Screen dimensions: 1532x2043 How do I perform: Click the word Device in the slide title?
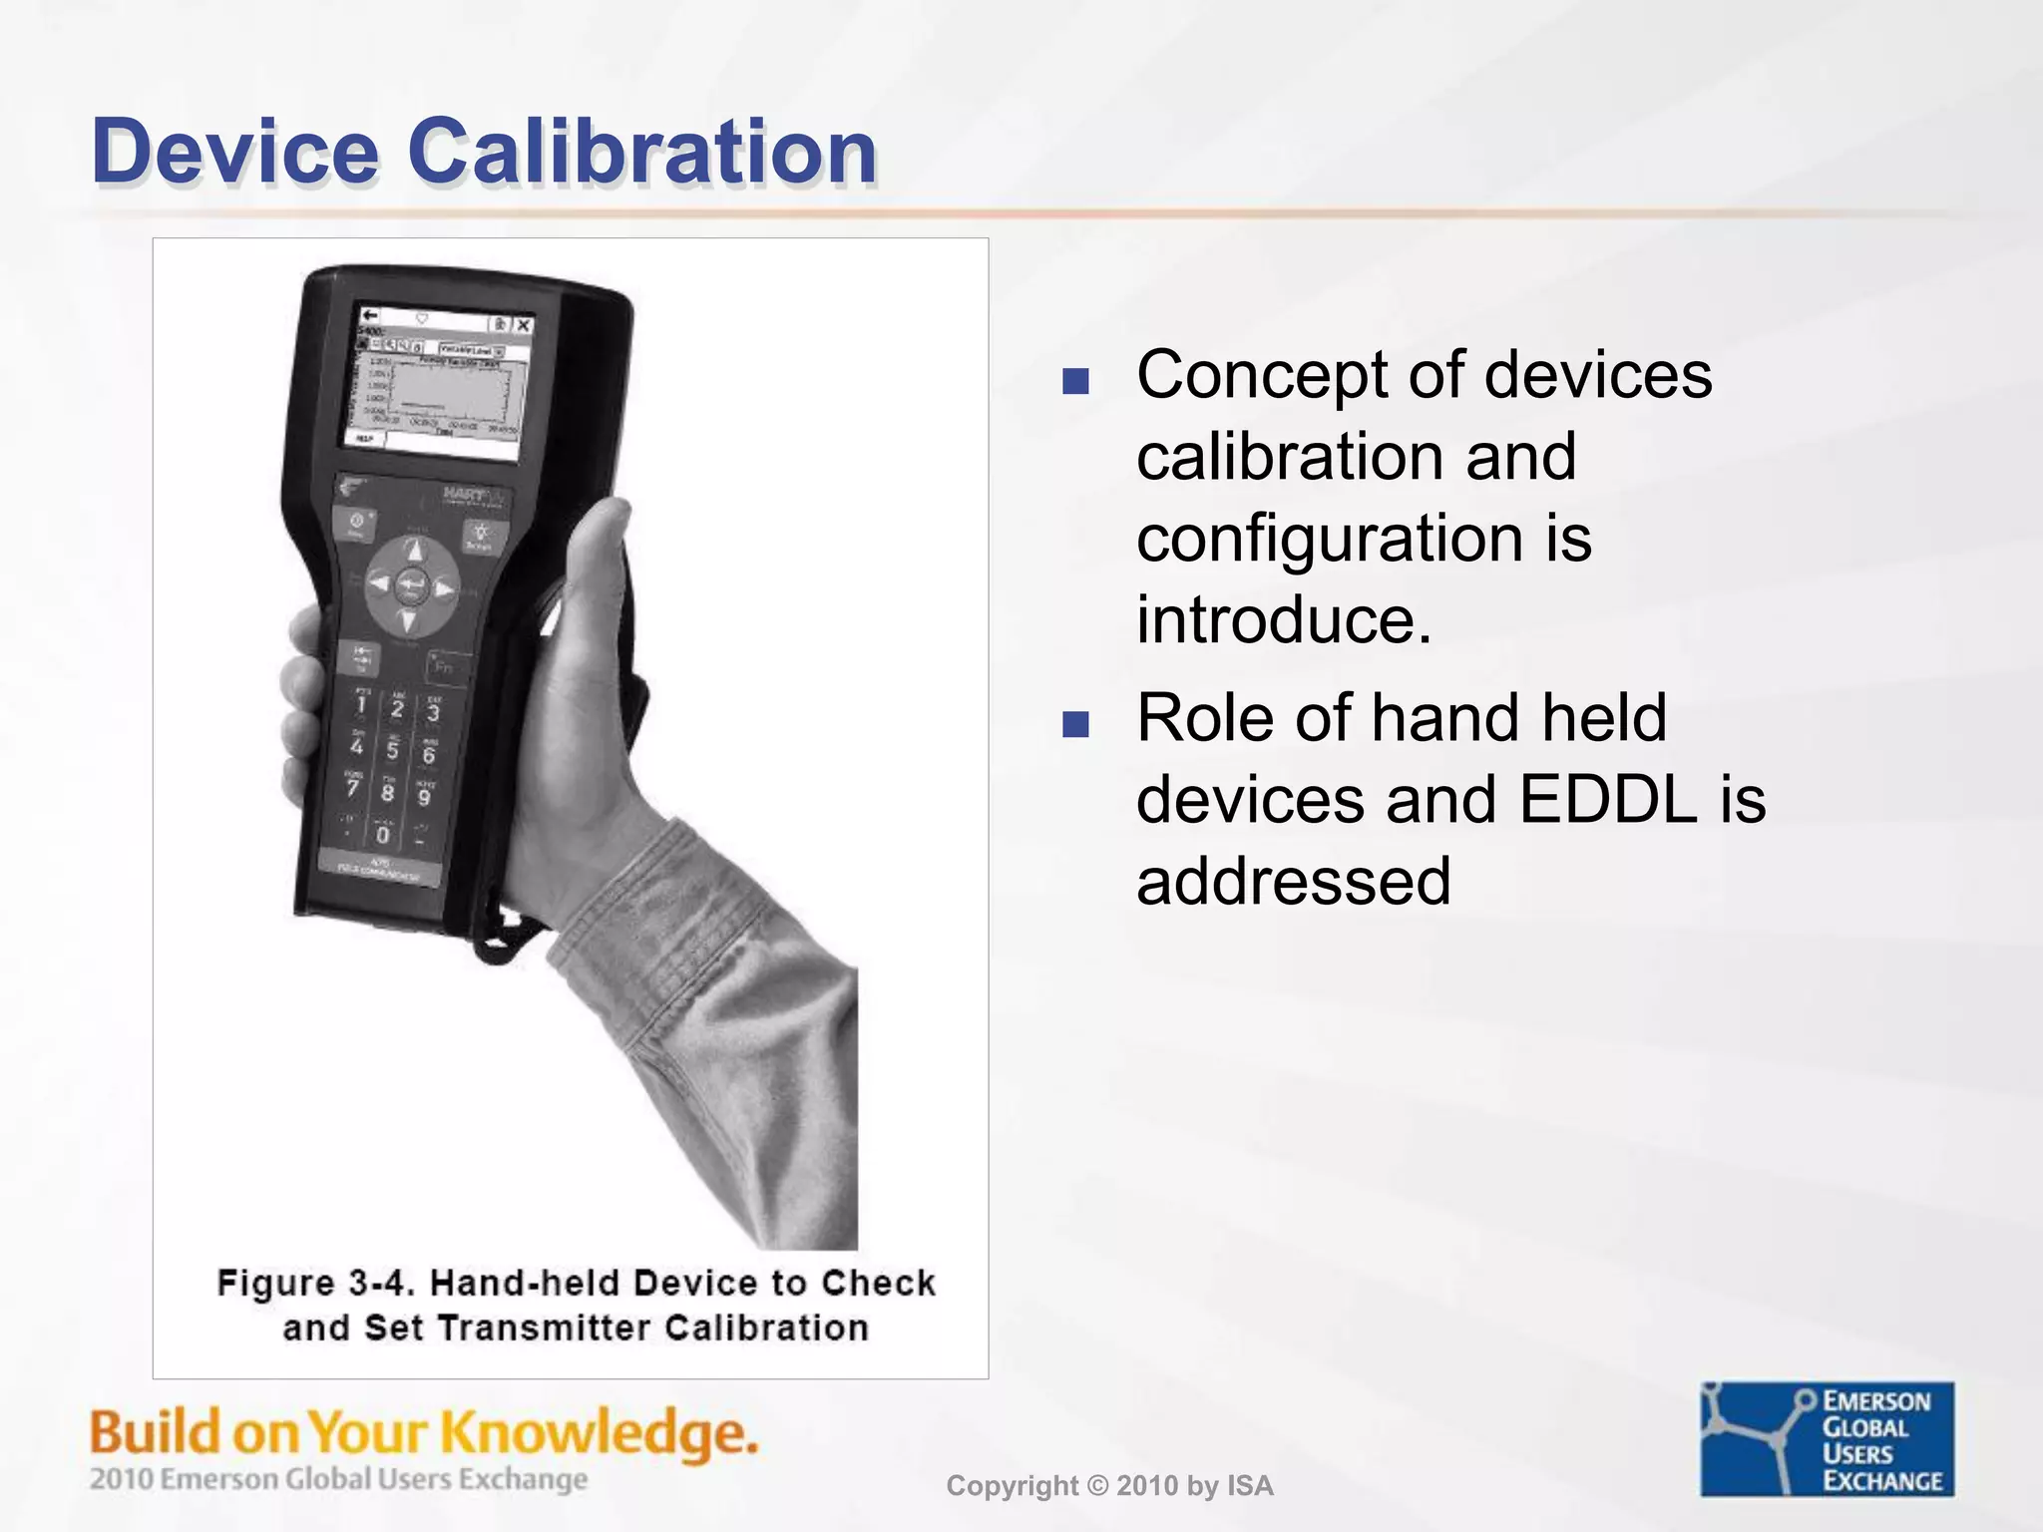[x=235, y=152]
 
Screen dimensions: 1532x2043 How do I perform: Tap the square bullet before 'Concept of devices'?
[x=1075, y=381]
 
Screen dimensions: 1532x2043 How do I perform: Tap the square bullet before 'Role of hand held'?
[x=1075, y=724]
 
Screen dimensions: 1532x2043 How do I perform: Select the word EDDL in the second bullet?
[x=1607, y=800]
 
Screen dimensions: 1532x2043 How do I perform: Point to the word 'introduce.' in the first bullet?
[x=1284, y=620]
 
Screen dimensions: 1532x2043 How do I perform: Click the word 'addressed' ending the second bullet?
[x=1293, y=882]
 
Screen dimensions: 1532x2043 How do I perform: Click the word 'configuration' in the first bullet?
[x=1330, y=539]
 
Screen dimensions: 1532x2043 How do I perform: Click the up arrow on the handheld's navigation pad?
[x=415, y=551]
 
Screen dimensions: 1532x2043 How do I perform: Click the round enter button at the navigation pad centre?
[x=411, y=586]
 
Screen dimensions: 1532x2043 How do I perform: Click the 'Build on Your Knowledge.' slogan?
[x=424, y=1432]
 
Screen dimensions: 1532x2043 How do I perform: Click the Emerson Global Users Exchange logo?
[x=1827, y=1438]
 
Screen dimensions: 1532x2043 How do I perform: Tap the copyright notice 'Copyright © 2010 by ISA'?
[x=1109, y=1486]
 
